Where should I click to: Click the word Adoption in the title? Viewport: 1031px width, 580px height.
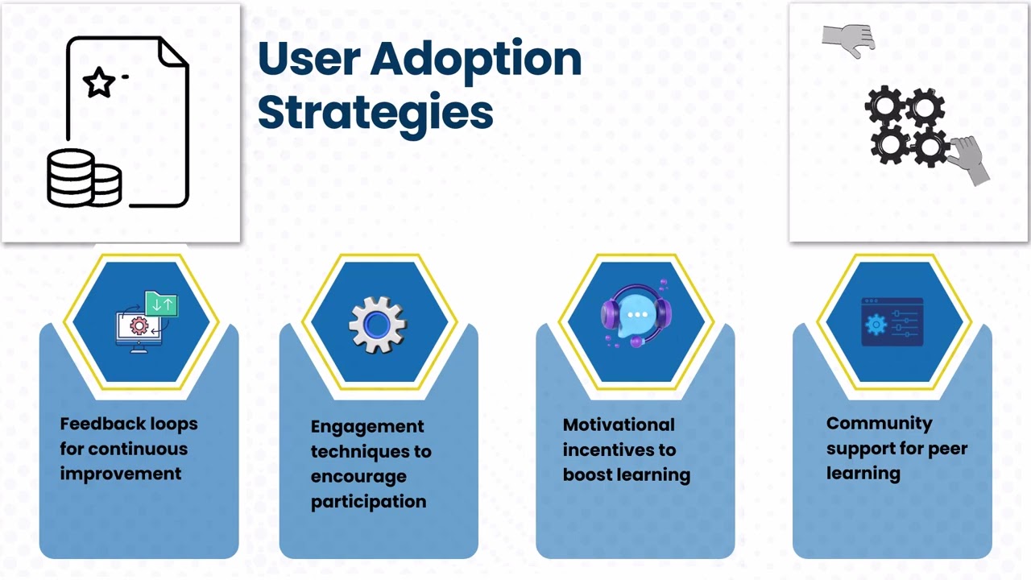476,60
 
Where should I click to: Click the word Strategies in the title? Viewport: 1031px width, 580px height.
375,113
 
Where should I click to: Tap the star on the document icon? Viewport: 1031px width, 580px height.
99,82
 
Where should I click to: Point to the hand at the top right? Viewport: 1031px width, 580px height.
849,39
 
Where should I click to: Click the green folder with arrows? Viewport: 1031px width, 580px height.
161,304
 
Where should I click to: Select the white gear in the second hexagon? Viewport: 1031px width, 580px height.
377,324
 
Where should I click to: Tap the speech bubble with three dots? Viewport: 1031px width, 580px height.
636,316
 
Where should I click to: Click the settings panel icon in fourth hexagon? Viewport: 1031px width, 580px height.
892,322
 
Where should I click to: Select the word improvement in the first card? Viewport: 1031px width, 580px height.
121,474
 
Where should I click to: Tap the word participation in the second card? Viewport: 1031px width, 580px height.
368,501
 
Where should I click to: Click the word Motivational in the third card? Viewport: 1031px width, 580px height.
619,425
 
